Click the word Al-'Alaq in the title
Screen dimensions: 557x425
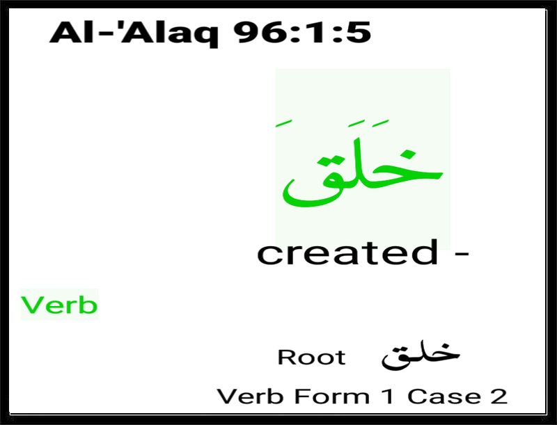point(134,33)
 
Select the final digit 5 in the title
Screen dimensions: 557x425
point(357,33)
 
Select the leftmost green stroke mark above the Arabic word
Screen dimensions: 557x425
point(284,122)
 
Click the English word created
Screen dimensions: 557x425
point(347,252)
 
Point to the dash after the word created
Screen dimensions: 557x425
point(462,254)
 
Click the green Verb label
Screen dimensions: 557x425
point(59,305)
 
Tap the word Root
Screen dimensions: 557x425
point(311,357)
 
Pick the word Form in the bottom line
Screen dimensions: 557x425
point(332,396)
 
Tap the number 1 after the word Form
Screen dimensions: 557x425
point(389,396)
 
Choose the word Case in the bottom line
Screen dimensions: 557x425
point(444,396)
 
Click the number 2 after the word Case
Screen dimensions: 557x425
point(499,396)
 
